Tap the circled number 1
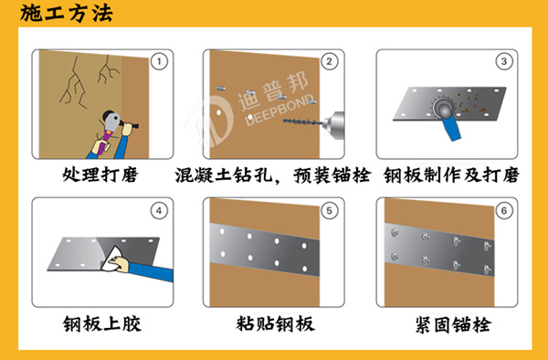point(159,62)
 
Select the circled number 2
point(329,62)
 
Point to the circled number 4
point(159,211)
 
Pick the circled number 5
point(329,211)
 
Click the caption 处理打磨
point(99,174)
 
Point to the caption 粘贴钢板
point(275,323)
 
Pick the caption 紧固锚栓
point(449,323)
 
